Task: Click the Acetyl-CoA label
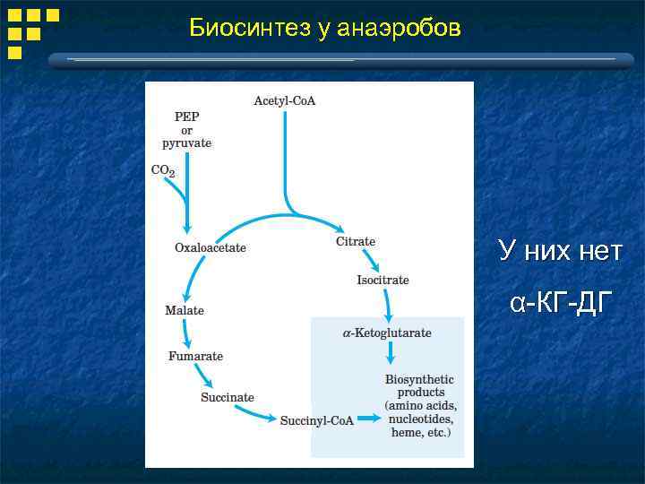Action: coord(285,100)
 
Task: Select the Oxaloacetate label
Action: coord(210,247)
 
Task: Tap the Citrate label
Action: coord(356,241)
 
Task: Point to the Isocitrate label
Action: coord(383,281)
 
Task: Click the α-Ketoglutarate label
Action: coord(387,333)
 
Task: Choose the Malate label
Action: coord(185,310)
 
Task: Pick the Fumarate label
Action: coord(195,357)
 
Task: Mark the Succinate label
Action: coord(228,397)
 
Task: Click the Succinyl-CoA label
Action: coord(317,420)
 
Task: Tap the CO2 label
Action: coord(163,170)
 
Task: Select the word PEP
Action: coord(187,117)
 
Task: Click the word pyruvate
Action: coord(187,143)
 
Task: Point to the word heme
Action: coord(407,433)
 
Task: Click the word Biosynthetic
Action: coord(419,380)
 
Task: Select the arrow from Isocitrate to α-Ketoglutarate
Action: coord(387,307)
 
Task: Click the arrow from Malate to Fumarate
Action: coord(185,333)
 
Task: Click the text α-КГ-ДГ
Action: coord(561,305)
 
